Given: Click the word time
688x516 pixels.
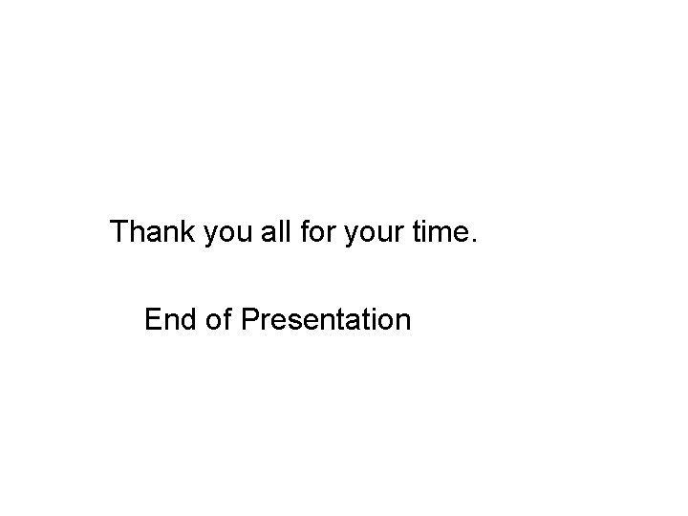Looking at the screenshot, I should pyautogui.click(x=441, y=232).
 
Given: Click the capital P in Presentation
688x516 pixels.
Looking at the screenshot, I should pyautogui.click(x=251, y=319).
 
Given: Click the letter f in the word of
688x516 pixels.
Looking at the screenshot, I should pyautogui.click(x=227, y=319).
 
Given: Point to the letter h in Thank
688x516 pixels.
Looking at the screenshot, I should pyautogui.click(x=140, y=232).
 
